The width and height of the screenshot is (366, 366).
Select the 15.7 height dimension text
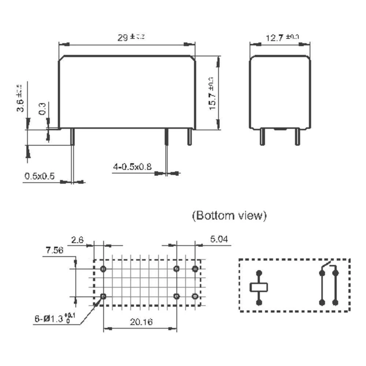coord(213,93)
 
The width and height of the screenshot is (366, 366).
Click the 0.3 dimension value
coord(42,109)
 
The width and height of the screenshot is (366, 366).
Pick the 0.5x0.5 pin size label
coord(40,176)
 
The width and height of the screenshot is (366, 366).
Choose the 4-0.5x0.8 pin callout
coord(132,167)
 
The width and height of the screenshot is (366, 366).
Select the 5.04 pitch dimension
coord(219,239)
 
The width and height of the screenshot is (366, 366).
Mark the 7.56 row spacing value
coord(54,250)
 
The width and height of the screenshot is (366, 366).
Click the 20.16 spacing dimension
coord(141,322)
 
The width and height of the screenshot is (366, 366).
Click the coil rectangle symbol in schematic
coord(259,287)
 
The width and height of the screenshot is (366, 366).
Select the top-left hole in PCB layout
coord(103,269)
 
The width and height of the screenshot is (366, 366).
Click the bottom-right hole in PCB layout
coord(195,296)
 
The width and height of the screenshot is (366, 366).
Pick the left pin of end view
coord(262,137)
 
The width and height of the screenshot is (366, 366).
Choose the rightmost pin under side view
coord(190,137)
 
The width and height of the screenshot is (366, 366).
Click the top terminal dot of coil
coord(259,273)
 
